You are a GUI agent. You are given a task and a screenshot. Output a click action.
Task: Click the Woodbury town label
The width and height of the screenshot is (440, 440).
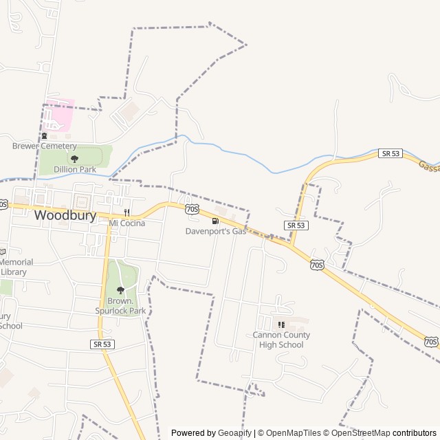tap(65, 215)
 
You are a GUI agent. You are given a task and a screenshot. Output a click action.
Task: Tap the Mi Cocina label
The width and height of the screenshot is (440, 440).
tap(127, 223)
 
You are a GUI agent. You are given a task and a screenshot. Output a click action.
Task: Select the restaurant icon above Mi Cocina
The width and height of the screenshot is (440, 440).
tap(126, 212)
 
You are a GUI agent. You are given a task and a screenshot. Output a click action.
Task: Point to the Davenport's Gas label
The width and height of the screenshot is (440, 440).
tap(215, 232)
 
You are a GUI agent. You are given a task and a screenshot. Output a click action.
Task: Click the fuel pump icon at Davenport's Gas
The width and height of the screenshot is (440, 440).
tap(215, 221)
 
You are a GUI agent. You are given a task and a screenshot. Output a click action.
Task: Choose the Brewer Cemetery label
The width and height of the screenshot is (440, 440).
tap(45, 146)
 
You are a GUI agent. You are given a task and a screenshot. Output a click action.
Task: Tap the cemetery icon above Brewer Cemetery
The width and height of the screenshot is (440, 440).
tap(45, 136)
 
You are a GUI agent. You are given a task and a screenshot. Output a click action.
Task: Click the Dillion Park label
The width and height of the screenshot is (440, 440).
tap(75, 169)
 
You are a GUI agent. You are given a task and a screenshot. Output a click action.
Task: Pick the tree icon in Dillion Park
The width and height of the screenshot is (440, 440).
tap(75, 159)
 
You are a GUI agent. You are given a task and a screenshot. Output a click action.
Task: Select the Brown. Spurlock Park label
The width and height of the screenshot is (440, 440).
tap(121, 306)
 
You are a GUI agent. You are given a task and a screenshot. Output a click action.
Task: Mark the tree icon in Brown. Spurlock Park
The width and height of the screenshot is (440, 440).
tap(121, 290)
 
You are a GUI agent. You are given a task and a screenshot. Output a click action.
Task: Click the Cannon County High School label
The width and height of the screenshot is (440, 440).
tap(281, 340)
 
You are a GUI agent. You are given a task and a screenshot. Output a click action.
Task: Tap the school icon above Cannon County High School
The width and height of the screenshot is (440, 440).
tap(280, 324)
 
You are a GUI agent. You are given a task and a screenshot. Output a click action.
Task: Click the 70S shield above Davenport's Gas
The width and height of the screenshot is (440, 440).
tap(192, 208)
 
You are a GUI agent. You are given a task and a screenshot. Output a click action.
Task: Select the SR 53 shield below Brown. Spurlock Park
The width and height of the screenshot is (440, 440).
tap(102, 344)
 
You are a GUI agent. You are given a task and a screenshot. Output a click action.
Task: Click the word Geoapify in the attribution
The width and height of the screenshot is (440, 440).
tap(236, 433)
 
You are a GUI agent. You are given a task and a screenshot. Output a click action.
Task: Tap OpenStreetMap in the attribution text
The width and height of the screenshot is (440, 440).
tap(361, 433)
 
